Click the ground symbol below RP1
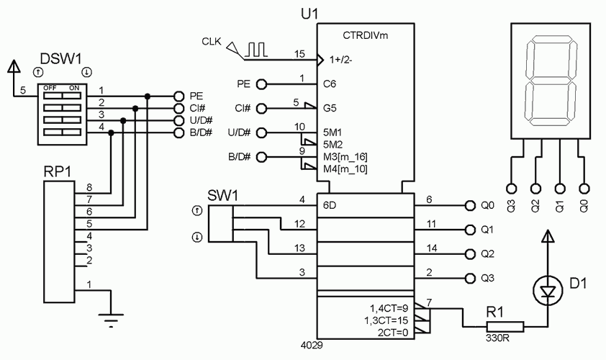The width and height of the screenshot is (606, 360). (110, 320)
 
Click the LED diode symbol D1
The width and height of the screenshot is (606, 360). (548, 290)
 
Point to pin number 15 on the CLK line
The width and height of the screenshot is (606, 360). (300, 54)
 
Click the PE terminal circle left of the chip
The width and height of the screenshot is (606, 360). (262, 84)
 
